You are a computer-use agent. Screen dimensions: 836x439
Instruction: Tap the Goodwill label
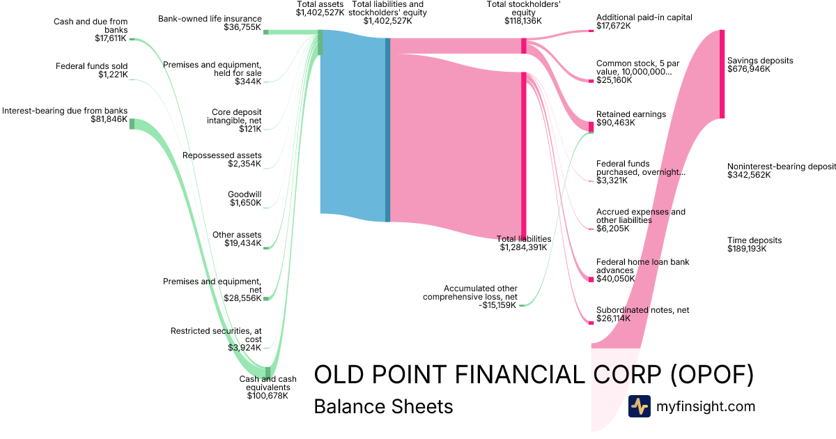pos(245,194)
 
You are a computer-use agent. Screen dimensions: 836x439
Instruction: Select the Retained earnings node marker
pos(591,127)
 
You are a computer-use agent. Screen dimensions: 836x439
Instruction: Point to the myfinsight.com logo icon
pos(639,406)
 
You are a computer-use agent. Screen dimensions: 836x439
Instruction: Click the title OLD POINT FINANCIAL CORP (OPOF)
pos(534,375)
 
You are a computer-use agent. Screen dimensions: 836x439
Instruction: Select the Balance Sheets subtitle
pos(383,406)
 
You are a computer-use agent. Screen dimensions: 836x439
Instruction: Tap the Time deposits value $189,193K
pos(747,249)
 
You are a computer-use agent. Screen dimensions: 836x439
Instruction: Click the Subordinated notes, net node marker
pos(591,321)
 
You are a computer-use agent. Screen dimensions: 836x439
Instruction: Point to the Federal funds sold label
pos(91,66)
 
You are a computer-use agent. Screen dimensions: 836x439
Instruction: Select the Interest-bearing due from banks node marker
pos(132,123)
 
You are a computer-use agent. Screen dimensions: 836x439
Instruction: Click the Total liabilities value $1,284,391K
pos(525,247)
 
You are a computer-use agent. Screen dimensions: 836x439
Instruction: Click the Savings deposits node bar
pos(722,74)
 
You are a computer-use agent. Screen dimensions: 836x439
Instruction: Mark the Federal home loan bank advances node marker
pos(591,279)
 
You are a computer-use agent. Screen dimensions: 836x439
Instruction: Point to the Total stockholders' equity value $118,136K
pos(523,21)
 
